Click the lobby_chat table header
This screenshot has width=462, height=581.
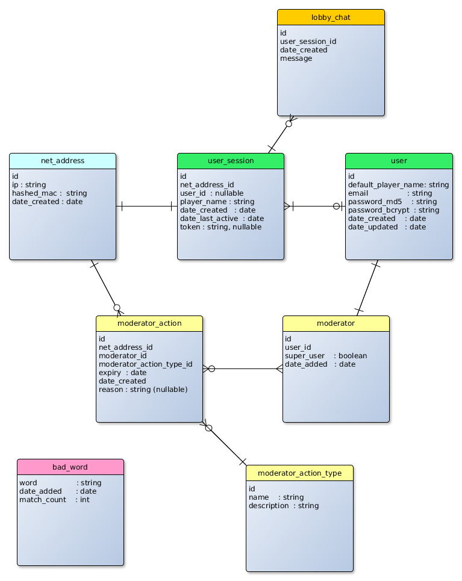click(x=331, y=17)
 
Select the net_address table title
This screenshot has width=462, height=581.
click(x=63, y=161)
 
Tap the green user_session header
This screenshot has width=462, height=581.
click(x=231, y=161)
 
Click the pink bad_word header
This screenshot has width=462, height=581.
click(x=70, y=467)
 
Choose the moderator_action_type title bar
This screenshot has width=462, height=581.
click(x=299, y=473)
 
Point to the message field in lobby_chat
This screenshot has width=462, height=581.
click(x=296, y=58)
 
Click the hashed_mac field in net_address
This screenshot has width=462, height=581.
click(x=49, y=193)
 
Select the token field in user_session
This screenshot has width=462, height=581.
click(x=220, y=227)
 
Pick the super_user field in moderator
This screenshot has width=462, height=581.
click(x=326, y=356)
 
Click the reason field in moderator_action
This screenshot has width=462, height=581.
click(x=143, y=390)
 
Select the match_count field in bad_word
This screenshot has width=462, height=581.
click(x=54, y=500)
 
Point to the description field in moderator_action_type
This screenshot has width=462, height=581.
click(x=284, y=506)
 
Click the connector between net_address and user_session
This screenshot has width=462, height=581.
click(x=146, y=207)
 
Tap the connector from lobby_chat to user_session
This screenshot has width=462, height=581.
click(x=280, y=135)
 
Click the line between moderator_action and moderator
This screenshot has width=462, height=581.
click(x=243, y=369)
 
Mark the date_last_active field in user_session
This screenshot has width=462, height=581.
click(x=222, y=219)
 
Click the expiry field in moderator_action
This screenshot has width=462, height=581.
click(x=122, y=373)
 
